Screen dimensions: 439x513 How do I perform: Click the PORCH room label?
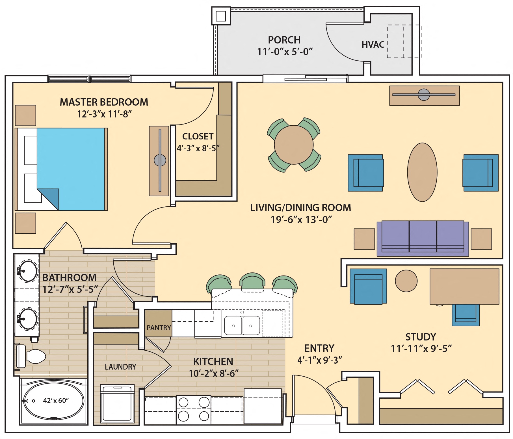pos(284,40)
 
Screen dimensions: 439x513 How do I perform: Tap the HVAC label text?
pos(373,45)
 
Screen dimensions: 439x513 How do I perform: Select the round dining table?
pos(294,145)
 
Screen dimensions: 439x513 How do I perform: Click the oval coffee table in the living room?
pos(422,172)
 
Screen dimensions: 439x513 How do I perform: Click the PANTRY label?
pos(159,327)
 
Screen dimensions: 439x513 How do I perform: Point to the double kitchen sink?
pos(242,325)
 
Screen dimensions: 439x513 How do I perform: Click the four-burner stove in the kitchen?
pos(194,409)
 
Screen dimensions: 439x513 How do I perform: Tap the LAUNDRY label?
pos(120,367)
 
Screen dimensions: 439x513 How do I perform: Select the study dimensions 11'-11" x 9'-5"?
pos(421,349)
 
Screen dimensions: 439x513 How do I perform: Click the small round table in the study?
pos(406,281)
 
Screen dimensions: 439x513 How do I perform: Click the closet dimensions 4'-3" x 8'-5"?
pos(198,148)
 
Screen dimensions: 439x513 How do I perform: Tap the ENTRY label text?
pos(319,348)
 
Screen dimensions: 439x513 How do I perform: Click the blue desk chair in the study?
pos(466,315)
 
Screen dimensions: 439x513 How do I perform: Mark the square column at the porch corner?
pos(221,16)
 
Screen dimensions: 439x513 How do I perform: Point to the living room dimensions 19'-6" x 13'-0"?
pos(301,220)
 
